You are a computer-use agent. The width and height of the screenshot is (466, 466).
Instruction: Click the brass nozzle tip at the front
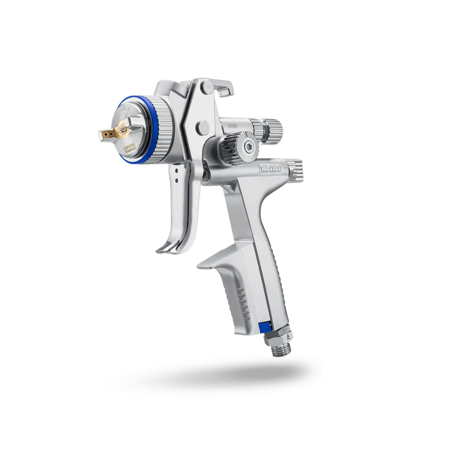point(105,134)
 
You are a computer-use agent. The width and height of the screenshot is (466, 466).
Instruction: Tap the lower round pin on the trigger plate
point(200,127)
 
